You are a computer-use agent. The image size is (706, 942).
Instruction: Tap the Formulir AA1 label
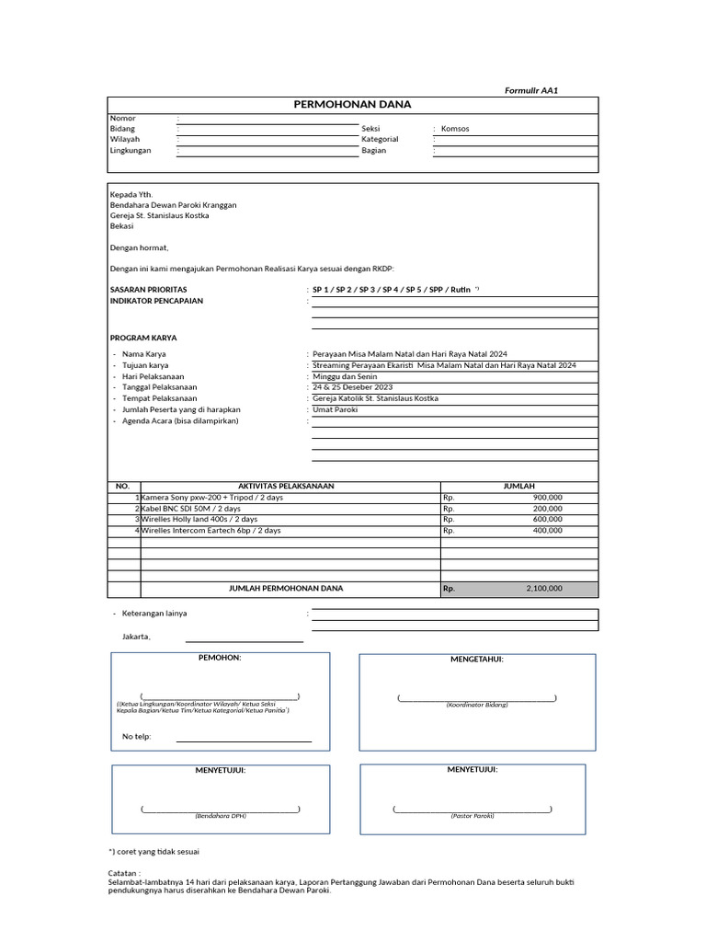pos(531,90)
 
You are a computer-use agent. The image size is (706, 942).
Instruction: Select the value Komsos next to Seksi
pos(454,129)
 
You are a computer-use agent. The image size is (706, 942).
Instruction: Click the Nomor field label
pos(122,118)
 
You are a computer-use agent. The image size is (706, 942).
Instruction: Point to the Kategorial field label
pos(380,139)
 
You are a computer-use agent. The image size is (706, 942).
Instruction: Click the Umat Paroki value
pos(335,409)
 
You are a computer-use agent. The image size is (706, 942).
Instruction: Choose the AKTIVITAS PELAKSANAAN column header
pos(286,486)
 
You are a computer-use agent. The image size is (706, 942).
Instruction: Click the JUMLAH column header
pos(518,486)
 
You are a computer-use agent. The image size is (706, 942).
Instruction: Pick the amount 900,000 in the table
pos(547,497)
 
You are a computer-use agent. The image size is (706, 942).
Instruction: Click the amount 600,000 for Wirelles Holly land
pos(547,519)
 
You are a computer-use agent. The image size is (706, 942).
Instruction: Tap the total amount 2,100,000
pos(544,588)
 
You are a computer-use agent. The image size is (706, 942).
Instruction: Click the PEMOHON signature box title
pos(220,658)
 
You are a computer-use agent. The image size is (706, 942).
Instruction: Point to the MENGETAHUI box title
pos(476,659)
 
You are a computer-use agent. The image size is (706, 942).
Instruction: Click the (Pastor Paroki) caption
pos(472,816)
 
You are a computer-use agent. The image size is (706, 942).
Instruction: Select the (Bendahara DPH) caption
pos(220,816)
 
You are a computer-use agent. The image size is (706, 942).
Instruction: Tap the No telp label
pos(136,737)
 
